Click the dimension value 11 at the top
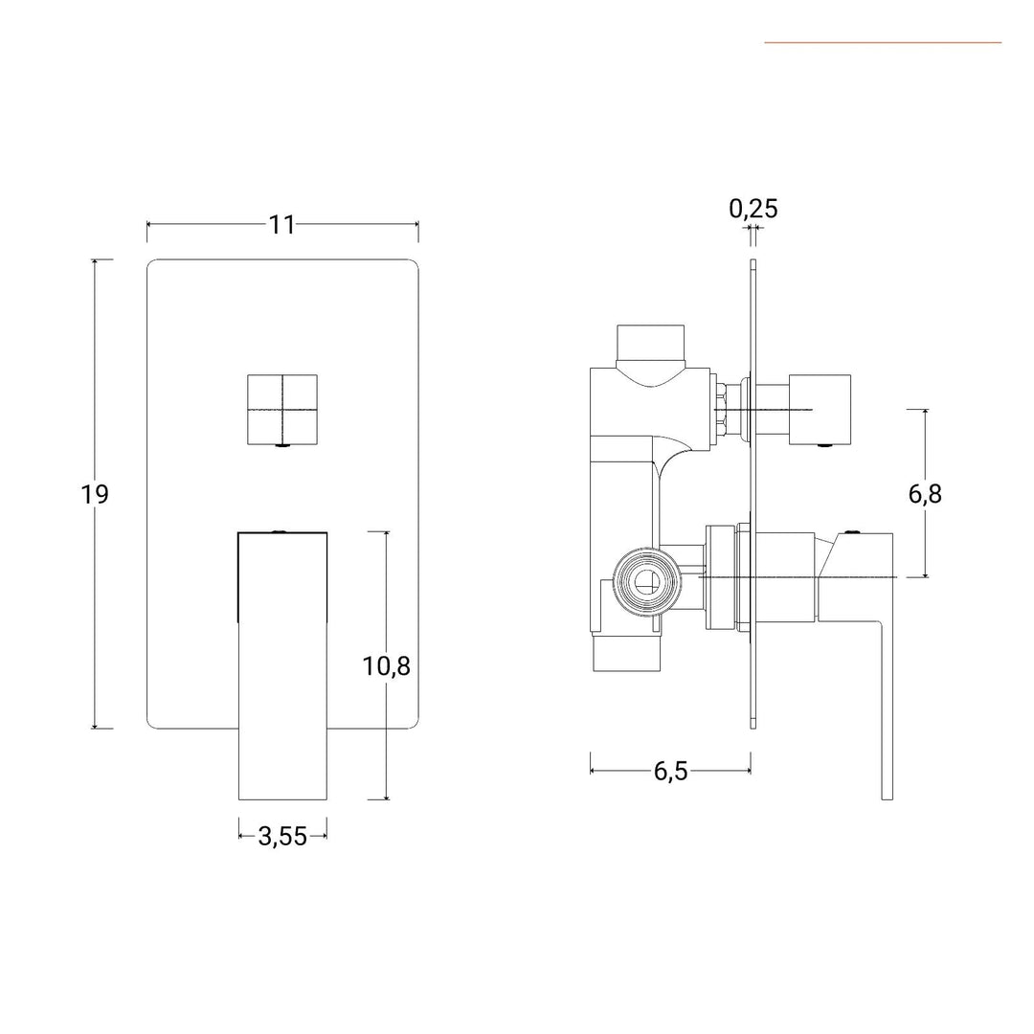(x=281, y=224)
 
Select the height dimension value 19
(x=95, y=494)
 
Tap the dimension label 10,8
(x=386, y=665)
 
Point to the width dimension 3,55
(x=282, y=836)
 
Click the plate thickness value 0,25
(x=753, y=208)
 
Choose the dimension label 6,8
(x=925, y=494)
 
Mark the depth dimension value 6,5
(x=671, y=772)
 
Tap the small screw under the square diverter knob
(x=282, y=444)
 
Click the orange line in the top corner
(x=882, y=42)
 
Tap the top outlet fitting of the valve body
(x=651, y=343)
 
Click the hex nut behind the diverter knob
(x=720, y=410)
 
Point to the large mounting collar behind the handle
(x=726, y=576)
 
